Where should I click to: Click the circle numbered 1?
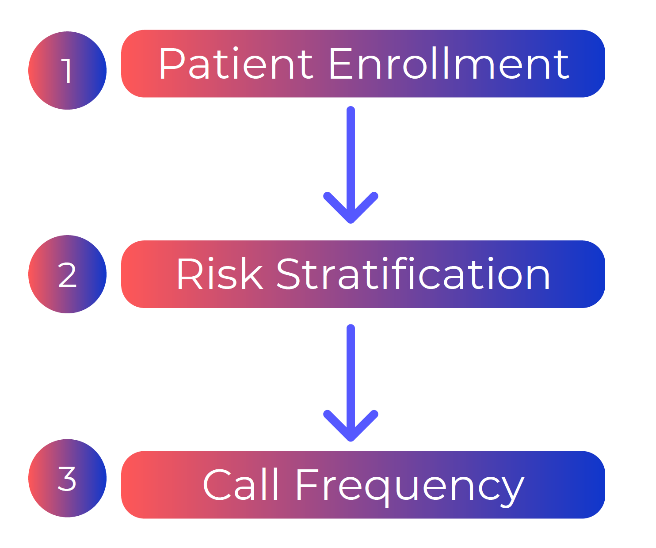click(x=67, y=71)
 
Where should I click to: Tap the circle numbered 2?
click(x=67, y=274)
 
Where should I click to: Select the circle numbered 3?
click(x=67, y=478)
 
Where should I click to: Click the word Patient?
click(x=236, y=64)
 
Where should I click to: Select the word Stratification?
click(x=413, y=274)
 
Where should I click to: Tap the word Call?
click(x=241, y=485)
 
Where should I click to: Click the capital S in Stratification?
click(x=289, y=274)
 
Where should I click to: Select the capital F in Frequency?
click(x=307, y=485)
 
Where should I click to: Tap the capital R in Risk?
click(x=189, y=274)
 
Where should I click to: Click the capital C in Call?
click(x=217, y=485)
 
